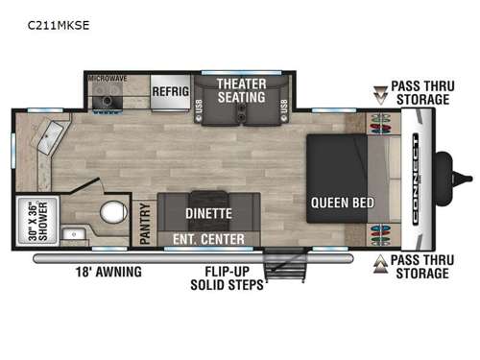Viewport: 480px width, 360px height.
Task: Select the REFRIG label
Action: point(171,92)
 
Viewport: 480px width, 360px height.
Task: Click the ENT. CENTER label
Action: point(208,238)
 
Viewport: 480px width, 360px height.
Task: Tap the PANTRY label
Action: point(144,223)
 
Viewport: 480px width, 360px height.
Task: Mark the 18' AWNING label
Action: point(109,272)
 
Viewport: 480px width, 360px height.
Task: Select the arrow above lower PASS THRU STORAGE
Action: point(381,262)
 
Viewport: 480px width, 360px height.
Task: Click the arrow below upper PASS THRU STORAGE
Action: point(381,95)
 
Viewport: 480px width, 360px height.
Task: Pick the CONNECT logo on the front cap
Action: point(415,179)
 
